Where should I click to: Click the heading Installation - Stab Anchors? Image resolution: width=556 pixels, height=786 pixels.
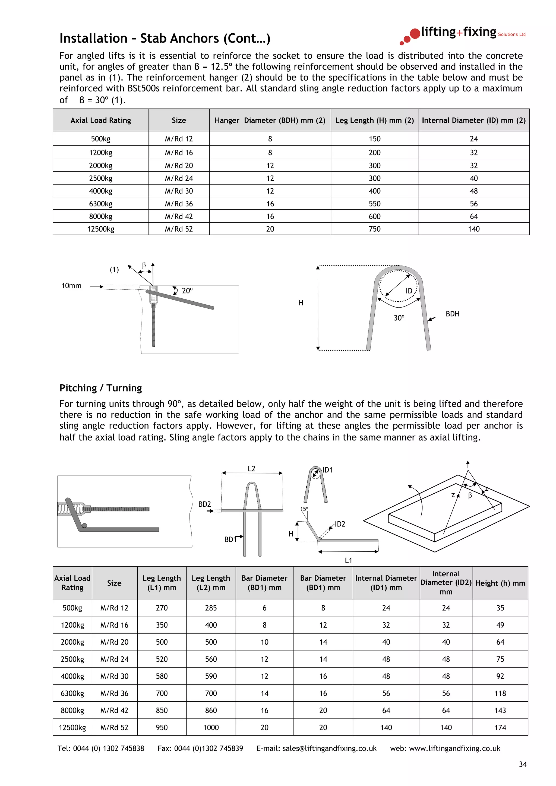pos(165,38)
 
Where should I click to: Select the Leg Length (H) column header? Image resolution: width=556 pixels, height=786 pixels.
pos(374,120)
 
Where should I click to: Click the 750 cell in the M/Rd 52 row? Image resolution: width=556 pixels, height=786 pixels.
pos(374,229)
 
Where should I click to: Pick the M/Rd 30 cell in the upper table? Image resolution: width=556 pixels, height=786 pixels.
pos(179,191)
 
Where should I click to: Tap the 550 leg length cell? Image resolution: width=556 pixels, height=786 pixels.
pos(374,204)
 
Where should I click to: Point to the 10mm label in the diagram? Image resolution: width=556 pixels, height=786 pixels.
pos(71,286)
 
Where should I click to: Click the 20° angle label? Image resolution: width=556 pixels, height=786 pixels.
pos(187,291)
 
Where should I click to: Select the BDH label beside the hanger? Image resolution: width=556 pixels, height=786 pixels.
pos(452,314)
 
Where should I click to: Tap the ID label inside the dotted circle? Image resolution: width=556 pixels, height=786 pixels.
pos(409,291)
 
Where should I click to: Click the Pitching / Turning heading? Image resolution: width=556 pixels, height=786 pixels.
pos(101,388)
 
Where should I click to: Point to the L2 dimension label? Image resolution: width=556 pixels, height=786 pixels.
pos(251,469)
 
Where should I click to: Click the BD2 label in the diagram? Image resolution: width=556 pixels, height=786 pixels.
pos(204,504)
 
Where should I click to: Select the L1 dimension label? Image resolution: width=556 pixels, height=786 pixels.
pos(348,560)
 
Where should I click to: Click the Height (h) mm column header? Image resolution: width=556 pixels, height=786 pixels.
pos(500,583)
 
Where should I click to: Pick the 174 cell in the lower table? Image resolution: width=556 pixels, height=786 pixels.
pos(500,727)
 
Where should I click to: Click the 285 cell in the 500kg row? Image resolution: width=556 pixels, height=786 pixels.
pos(211,608)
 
